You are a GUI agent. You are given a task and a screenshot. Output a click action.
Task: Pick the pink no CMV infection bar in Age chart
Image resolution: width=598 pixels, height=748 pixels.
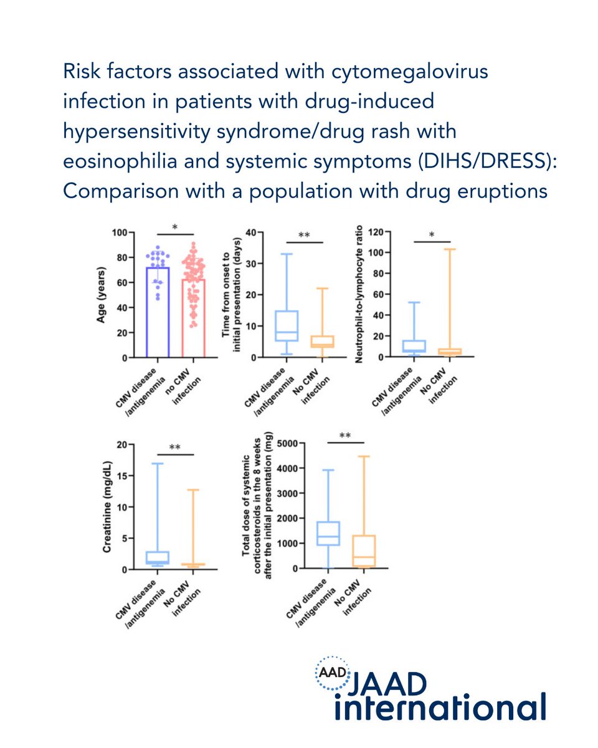coord(192,318)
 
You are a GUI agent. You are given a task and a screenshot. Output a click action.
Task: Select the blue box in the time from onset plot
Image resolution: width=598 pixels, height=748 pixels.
coord(287,325)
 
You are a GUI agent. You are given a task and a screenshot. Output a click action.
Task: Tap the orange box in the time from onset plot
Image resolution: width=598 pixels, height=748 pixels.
coord(323,342)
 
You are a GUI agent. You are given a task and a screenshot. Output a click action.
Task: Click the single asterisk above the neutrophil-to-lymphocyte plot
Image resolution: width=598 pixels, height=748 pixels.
coord(432,235)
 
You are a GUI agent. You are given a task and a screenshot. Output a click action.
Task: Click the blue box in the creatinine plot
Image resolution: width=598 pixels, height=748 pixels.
coord(158,557)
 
